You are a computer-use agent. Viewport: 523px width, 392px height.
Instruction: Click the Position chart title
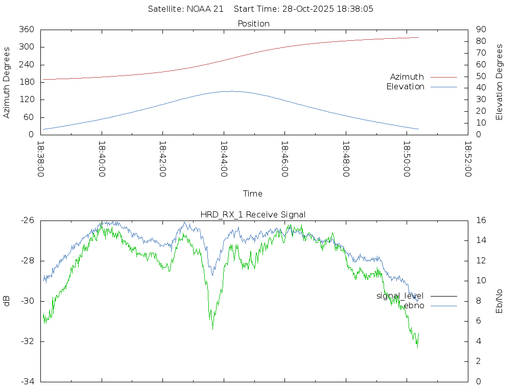pos(253,23)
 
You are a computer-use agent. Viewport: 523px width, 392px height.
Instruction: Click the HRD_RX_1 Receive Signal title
pos(253,214)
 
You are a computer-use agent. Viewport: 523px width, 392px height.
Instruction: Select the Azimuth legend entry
pos(407,77)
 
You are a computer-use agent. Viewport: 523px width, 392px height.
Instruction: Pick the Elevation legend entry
pos(405,87)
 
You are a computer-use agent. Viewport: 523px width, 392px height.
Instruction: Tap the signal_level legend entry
pos(400,296)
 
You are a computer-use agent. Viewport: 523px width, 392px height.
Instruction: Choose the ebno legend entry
pos(414,305)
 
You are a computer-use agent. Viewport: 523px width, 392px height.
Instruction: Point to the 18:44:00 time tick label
pos(224,159)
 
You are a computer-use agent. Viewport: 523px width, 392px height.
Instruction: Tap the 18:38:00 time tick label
pos(41,159)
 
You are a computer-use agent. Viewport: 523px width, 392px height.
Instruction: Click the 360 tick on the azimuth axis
pos(27,30)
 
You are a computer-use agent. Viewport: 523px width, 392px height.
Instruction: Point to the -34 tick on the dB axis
pos(27,381)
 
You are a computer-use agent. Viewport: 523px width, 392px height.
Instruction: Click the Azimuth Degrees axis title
pos(7,82)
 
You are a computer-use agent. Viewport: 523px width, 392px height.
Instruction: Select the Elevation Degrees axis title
pos(500,82)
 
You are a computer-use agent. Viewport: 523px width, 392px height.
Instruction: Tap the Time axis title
pos(253,193)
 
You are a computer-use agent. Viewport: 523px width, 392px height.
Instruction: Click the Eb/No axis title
pos(500,301)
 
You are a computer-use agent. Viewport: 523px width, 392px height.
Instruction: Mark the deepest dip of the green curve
pos(212,329)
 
